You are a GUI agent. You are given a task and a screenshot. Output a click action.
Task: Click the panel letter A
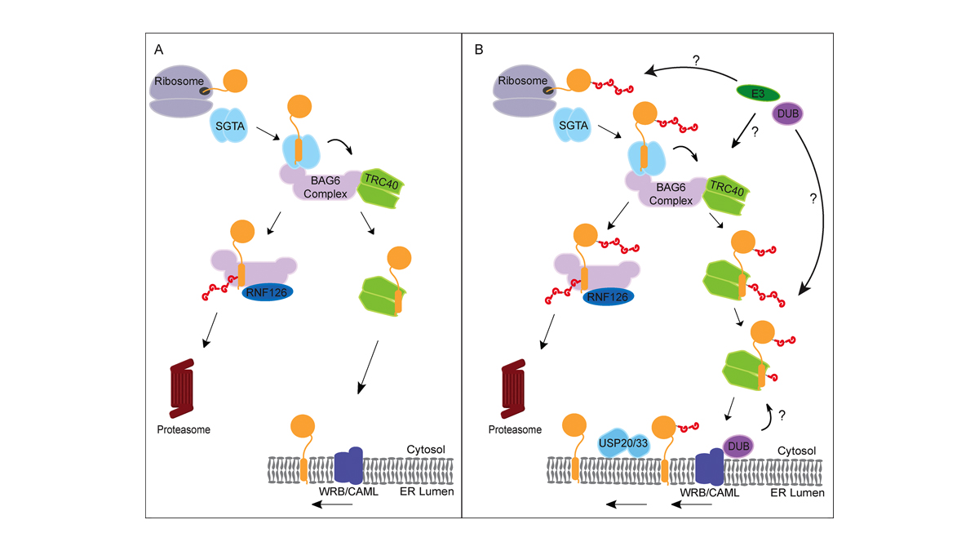point(159,51)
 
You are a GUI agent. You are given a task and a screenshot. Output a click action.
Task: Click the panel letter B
point(480,51)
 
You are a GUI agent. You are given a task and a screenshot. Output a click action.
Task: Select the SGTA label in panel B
point(574,126)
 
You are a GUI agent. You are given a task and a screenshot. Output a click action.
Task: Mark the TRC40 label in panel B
point(724,187)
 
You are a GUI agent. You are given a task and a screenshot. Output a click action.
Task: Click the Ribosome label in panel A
point(172,82)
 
